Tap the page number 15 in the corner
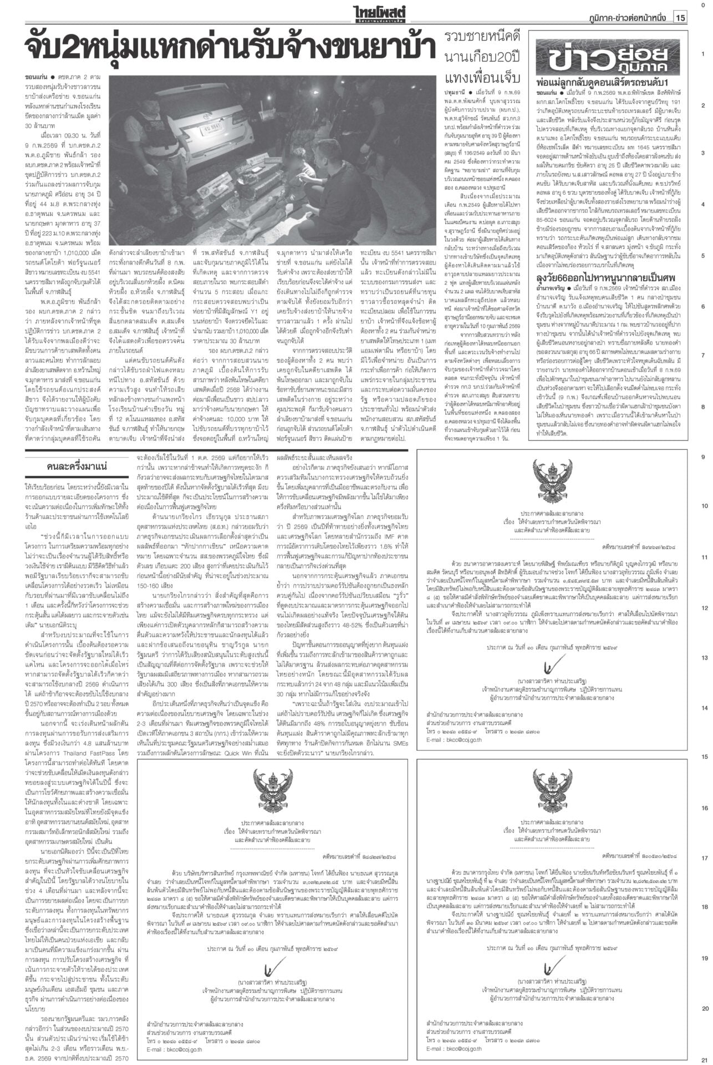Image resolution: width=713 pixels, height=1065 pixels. [x=680, y=18]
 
